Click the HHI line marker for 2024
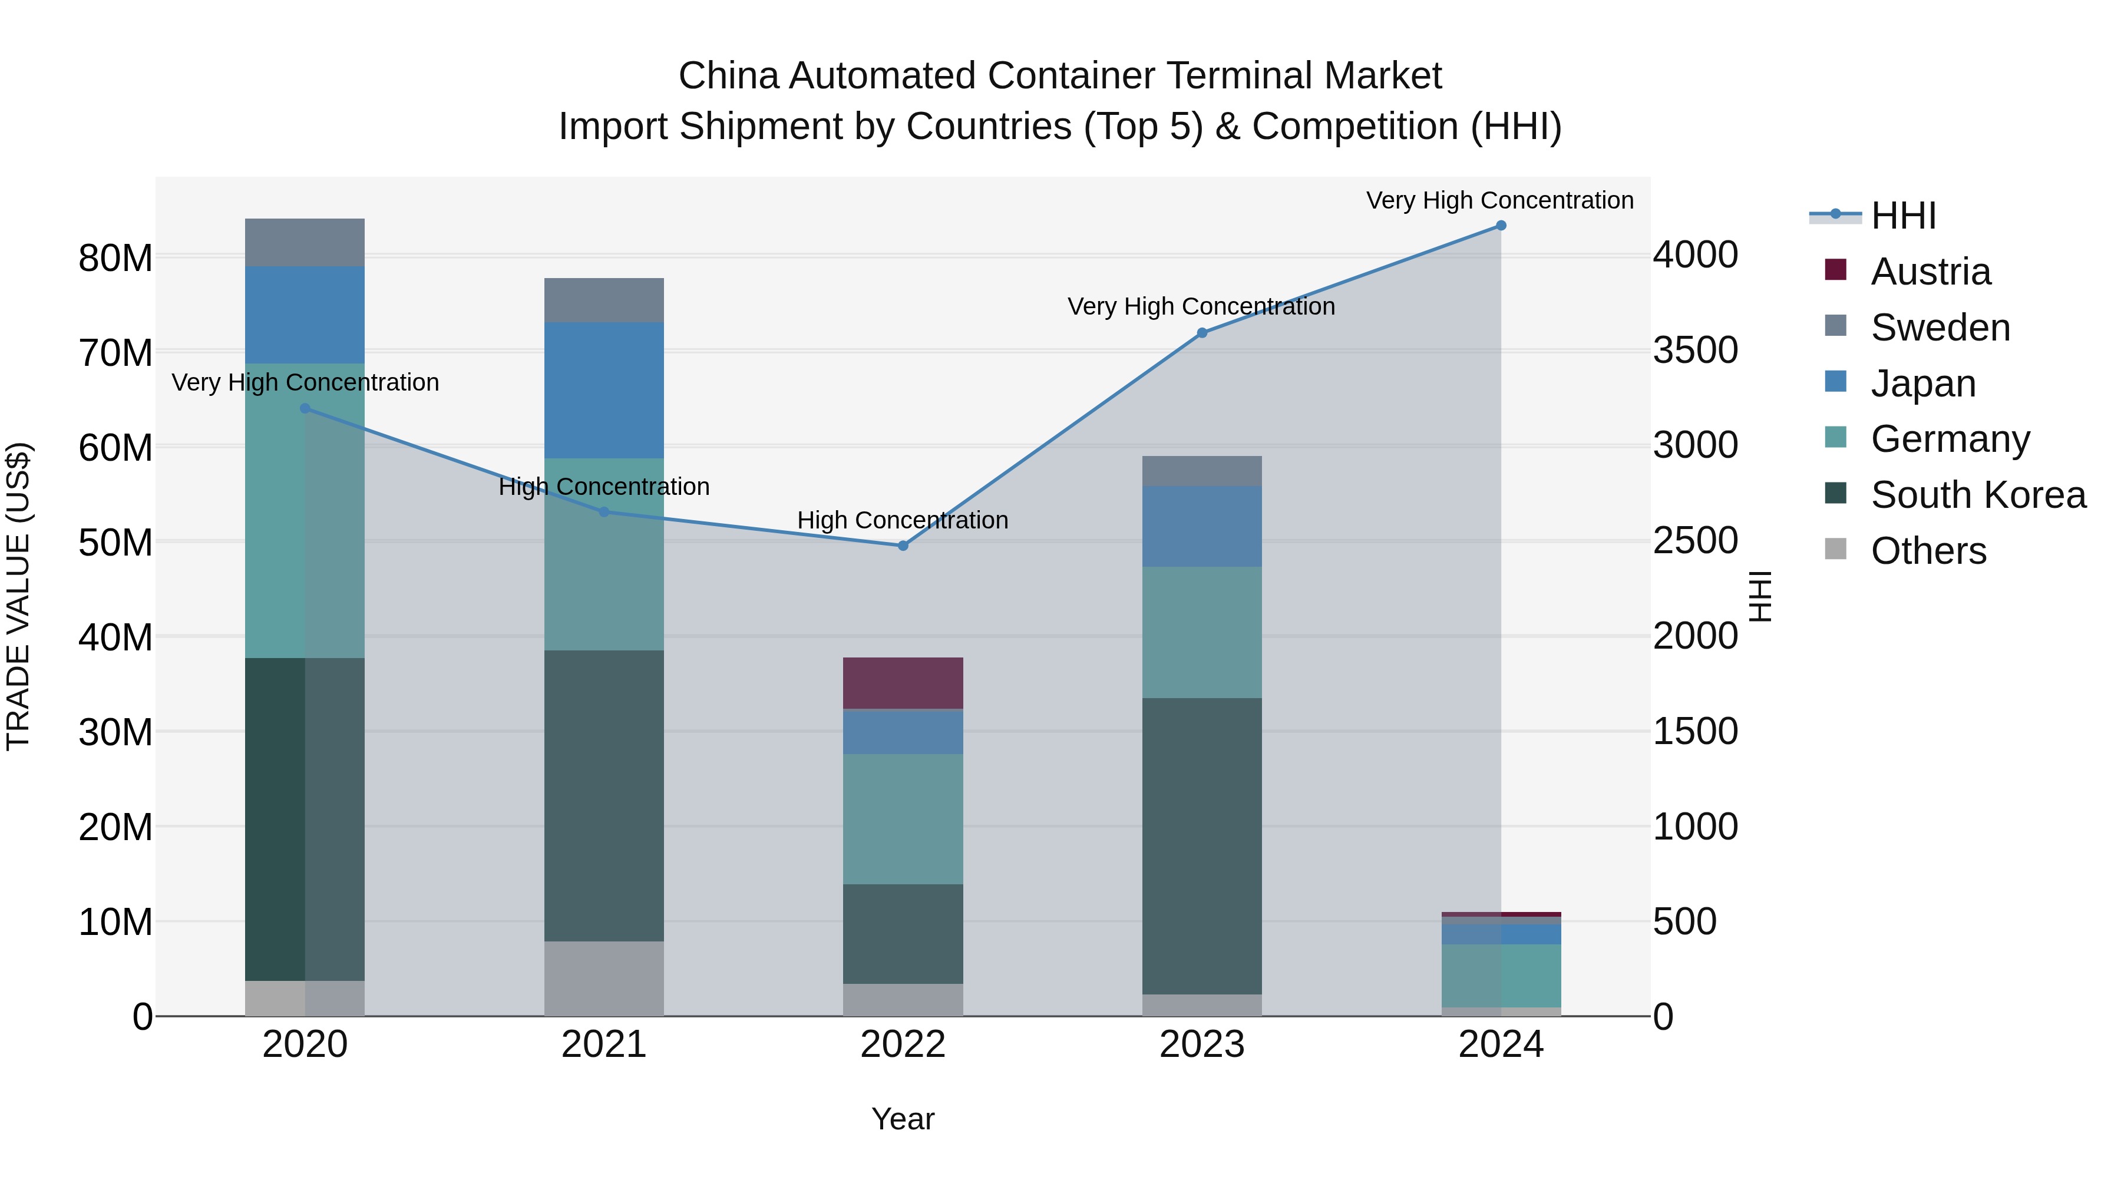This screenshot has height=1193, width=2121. click(1500, 226)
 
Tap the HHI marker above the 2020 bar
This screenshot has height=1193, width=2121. click(305, 408)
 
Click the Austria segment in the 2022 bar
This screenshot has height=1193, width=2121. click(903, 683)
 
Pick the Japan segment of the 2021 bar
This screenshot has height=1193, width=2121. click(603, 390)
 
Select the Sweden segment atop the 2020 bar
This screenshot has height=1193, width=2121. click(305, 242)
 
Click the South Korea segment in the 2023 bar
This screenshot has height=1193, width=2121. click(1201, 847)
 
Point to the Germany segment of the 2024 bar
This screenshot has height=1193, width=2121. click(1500, 976)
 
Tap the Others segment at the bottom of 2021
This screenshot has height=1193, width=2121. click(603, 978)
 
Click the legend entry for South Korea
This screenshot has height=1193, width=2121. click(1978, 495)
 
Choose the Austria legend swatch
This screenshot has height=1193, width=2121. click(1835, 270)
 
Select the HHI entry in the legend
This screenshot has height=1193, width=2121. click(1902, 216)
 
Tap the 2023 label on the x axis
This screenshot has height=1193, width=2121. click(1201, 1045)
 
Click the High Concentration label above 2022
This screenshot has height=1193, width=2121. click(903, 520)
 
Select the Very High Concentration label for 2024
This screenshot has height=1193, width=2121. click(1499, 201)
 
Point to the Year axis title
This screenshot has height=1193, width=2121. click(903, 1119)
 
